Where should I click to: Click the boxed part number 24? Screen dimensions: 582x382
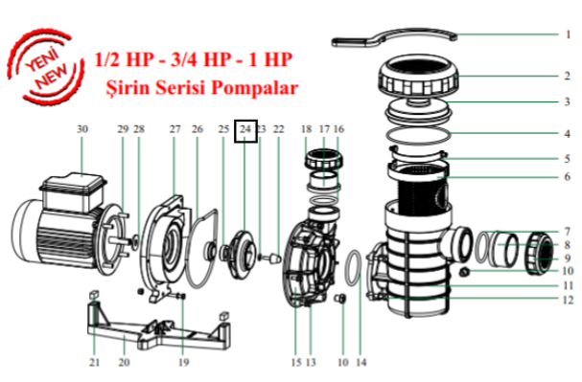coord(245,129)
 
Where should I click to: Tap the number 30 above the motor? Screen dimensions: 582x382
coord(82,129)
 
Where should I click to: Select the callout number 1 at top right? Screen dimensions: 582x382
coord(568,34)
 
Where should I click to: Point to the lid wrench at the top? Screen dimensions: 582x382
coord(393,37)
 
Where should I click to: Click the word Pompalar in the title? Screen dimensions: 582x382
coord(255,88)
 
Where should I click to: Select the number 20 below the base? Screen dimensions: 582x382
coord(125,362)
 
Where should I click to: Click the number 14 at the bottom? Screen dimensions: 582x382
coord(361,362)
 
